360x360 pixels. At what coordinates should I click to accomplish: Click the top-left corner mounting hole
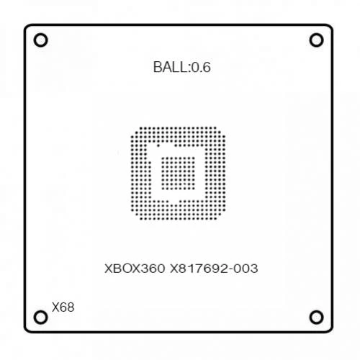point(40,40)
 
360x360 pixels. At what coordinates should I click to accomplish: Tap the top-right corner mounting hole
point(316,40)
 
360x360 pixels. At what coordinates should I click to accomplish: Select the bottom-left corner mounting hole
point(40,317)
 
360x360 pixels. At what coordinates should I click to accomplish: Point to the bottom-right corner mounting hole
point(316,317)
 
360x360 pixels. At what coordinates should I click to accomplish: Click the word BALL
point(171,67)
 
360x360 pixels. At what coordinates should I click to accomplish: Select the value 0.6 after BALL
point(201,67)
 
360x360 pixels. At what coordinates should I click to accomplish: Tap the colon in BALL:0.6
point(189,68)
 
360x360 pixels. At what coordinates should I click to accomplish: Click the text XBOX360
point(135,269)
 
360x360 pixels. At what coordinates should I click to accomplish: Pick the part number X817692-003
point(214,269)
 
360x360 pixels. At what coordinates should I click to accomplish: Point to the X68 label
point(63,307)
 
